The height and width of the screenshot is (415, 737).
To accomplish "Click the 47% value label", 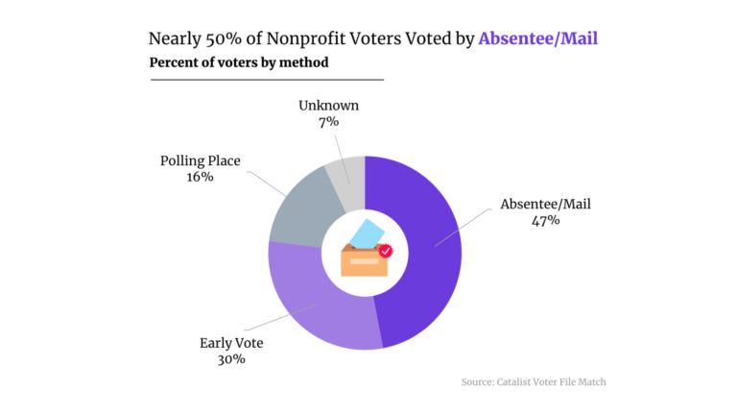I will click(545, 220).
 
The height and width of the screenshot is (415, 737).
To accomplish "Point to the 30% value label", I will click(231, 359).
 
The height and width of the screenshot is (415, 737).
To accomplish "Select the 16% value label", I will click(200, 177).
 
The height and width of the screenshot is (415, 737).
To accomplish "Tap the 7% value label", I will click(329, 121).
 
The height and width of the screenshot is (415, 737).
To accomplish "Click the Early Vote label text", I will click(231, 343).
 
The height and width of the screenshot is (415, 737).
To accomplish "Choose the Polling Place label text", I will click(200, 160).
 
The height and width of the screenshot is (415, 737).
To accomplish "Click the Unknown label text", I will click(329, 105).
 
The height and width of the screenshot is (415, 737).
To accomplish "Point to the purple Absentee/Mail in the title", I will click(544, 39).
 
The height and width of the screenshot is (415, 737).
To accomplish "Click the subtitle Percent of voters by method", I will click(239, 62).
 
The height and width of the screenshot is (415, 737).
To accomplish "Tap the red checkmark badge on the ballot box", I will click(385, 251).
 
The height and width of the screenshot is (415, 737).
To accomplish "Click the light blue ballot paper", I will click(366, 232).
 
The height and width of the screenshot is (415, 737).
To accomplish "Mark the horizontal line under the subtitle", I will click(266, 79).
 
